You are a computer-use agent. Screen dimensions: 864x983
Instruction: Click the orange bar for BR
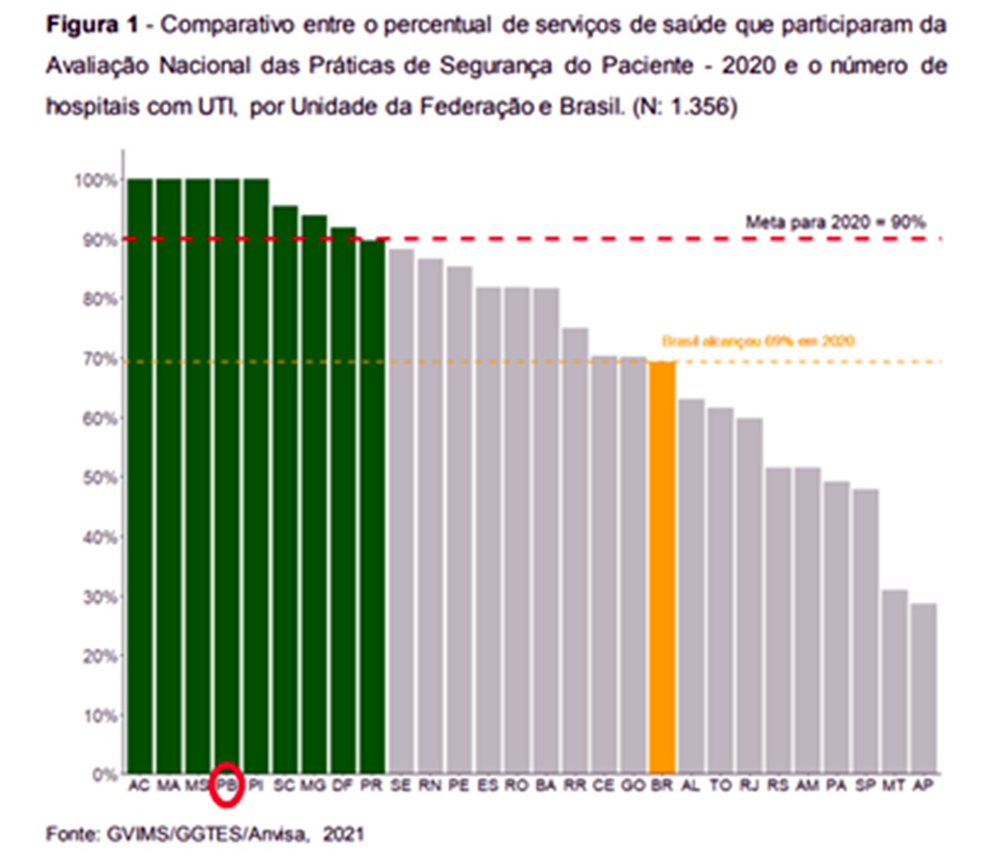[662, 566]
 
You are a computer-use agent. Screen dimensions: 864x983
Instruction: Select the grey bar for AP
[923, 689]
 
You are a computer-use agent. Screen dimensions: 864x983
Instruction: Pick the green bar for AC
[140, 475]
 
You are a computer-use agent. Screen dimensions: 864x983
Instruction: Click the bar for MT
[895, 681]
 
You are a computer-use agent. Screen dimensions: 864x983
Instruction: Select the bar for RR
[575, 550]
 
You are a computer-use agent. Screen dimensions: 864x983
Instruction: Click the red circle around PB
[227, 784]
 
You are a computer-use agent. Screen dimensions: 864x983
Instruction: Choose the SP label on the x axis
[865, 785]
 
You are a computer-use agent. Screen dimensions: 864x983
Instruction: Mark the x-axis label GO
[632, 785]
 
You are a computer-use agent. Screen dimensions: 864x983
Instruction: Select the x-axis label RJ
[749, 785]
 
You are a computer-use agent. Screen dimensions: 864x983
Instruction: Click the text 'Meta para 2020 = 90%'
[835, 222]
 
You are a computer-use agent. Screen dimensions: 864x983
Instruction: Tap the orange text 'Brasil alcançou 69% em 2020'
[758, 341]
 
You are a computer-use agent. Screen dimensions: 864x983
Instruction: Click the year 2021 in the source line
[343, 834]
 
